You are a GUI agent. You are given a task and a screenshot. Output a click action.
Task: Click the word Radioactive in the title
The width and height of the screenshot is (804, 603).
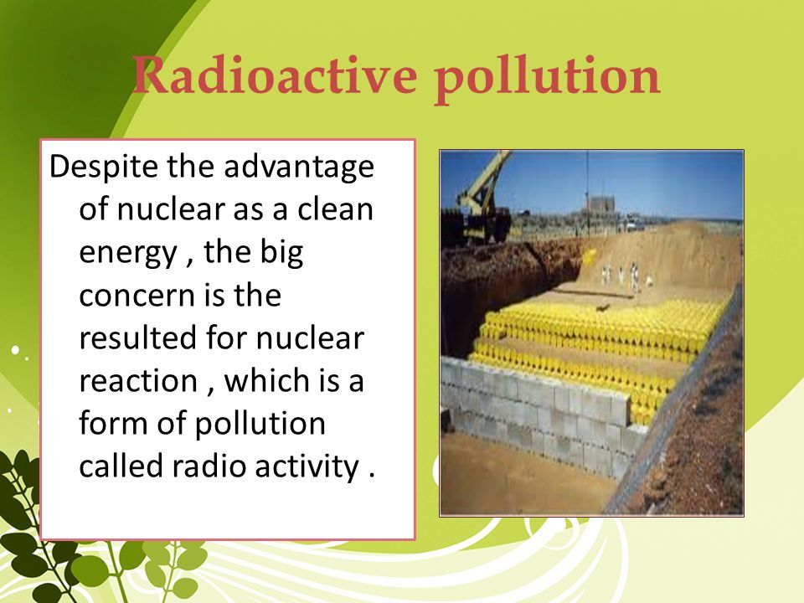(275, 75)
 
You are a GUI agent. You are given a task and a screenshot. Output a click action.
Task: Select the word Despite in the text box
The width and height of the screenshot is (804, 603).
(104, 167)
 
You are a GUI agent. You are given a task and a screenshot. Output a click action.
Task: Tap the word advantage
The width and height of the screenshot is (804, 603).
(299, 168)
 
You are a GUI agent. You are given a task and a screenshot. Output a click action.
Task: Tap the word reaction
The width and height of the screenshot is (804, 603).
(138, 381)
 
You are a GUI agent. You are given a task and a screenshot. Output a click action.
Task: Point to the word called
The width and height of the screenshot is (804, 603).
(121, 466)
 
